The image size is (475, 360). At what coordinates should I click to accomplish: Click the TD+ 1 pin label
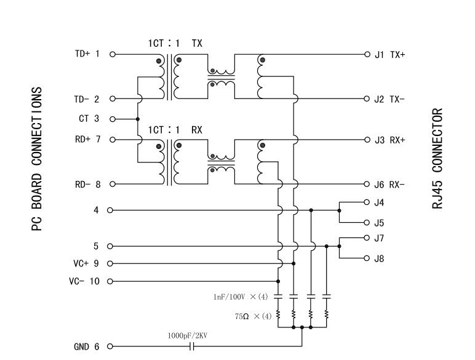click(86, 54)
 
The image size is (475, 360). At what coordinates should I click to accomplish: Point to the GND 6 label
click(86, 347)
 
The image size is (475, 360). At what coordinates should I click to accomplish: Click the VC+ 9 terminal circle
click(111, 264)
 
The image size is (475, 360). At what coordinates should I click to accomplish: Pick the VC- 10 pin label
click(84, 282)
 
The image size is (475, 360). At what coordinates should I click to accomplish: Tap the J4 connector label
click(379, 202)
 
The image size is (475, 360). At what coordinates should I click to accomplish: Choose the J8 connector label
click(379, 259)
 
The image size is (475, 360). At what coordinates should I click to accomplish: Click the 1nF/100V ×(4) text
click(241, 297)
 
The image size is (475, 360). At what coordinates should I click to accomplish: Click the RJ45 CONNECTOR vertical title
click(438, 158)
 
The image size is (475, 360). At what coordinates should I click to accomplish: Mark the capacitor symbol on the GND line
click(192, 347)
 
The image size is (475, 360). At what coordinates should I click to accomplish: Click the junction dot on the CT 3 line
click(137, 119)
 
